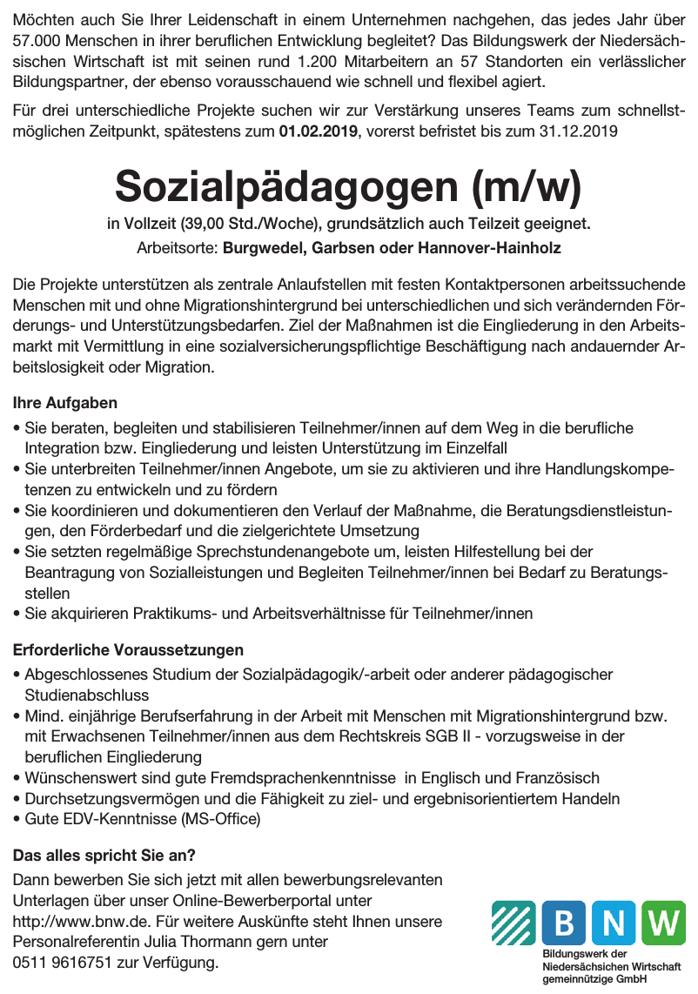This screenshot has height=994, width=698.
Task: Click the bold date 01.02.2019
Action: pos(318,132)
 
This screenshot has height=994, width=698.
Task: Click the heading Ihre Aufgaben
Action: pos(65,404)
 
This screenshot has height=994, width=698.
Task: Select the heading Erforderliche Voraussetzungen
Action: pos(128,650)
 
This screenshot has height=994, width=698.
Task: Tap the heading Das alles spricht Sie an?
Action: pos(104,855)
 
